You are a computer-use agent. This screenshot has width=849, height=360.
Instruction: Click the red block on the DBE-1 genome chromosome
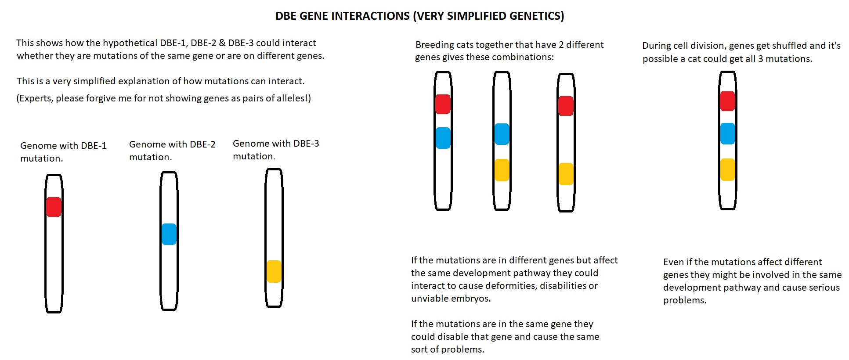pos(54,207)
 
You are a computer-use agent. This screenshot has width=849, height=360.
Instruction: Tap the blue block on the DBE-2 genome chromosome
pos(169,234)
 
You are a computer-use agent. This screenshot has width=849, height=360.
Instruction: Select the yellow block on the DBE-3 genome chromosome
pos(274,271)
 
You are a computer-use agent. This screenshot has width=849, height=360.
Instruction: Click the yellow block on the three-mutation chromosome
pos(728,169)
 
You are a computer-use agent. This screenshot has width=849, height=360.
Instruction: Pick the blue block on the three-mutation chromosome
pos(728,133)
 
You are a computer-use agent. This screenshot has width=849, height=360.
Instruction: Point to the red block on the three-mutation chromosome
pos(728,101)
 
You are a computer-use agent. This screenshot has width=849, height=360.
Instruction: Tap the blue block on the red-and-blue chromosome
pos(443,138)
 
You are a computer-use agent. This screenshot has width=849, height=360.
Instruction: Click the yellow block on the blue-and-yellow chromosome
pos(502,170)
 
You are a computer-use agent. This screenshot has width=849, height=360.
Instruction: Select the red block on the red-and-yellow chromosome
pos(566,106)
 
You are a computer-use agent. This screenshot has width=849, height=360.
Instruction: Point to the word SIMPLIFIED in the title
pos(480,16)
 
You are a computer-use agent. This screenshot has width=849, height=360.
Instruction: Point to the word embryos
pos(471,299)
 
